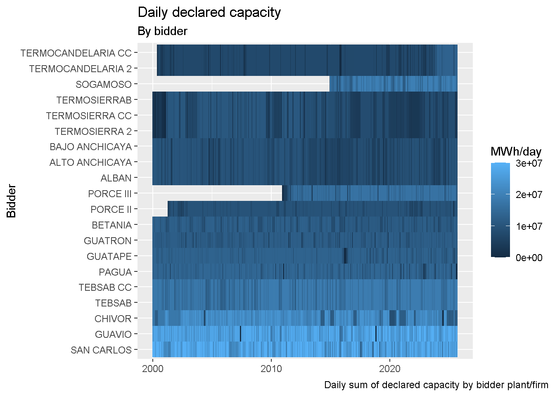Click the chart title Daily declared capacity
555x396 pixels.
coord(209,12)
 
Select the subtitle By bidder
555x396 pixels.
coord(162,31)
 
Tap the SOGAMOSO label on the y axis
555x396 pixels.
coord(104,85)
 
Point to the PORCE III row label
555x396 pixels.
coord(110,194)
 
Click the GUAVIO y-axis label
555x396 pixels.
coord(113,335)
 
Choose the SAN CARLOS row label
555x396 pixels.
coord(101,350)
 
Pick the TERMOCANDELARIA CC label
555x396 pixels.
coord(76,53)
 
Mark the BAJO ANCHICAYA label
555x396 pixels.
coord(91,147)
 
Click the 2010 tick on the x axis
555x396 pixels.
coord(271,368)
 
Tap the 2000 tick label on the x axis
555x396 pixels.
coord(153,368)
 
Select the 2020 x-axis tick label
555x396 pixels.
coord(390,368)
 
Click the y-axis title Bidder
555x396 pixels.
coord(12,201)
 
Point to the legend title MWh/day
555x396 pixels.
coord(516,151)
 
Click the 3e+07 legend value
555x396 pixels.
coord(529,163)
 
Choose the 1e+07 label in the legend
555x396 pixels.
coord(529,226)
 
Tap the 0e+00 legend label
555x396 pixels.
coord(529,258)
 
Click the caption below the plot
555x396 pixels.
coord(436,385)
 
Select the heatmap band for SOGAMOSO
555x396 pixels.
coord(393,84)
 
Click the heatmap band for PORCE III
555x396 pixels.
coord(369,193)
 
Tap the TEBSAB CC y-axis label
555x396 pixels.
coord(105,288)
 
